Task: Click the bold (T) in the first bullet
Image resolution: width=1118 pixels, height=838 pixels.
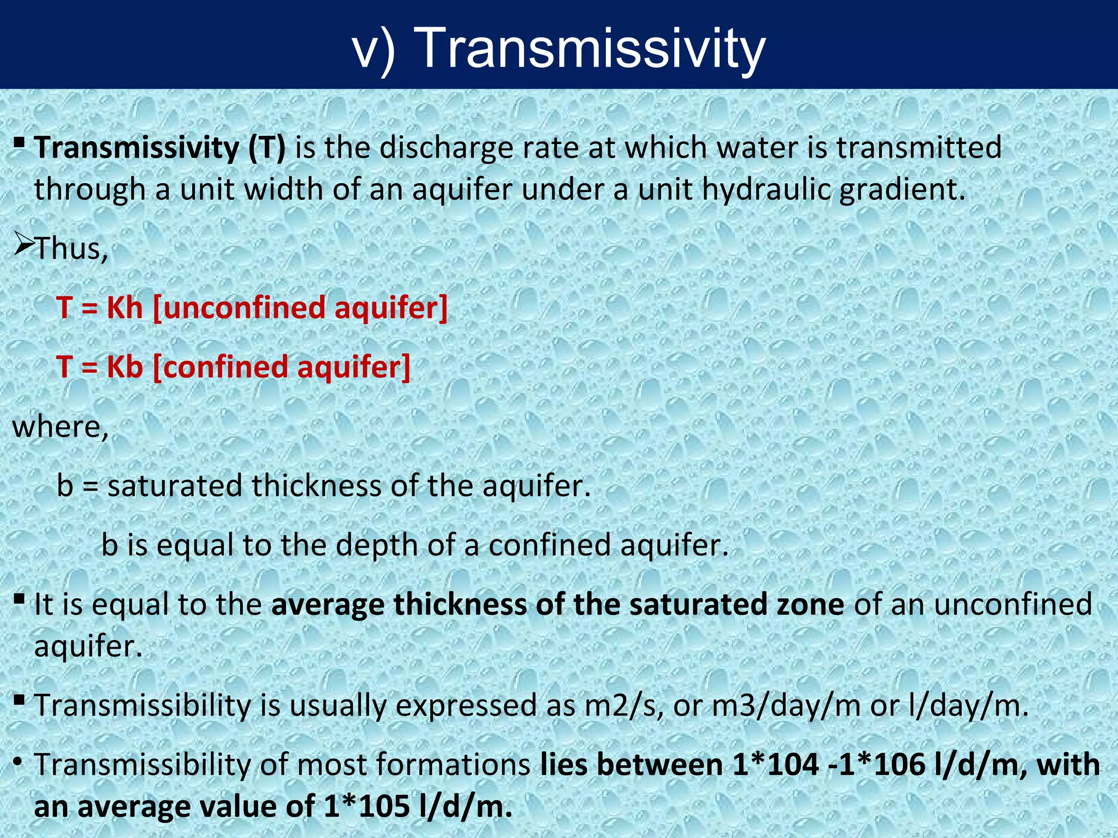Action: (266, 148)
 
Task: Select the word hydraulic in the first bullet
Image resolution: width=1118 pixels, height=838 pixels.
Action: (766, 189)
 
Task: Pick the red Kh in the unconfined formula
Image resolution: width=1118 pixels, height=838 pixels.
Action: (124, 308)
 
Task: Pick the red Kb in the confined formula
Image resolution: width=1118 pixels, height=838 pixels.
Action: (124, 367)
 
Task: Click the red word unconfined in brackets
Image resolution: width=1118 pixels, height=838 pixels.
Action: (244, 308)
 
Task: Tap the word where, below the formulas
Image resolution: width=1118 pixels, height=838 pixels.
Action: (61, 427)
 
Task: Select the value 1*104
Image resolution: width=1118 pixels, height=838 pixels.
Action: (775, 764)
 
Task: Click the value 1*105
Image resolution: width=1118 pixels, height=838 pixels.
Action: (366, 807)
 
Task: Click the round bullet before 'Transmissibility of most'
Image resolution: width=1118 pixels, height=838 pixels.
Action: (19, 762)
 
